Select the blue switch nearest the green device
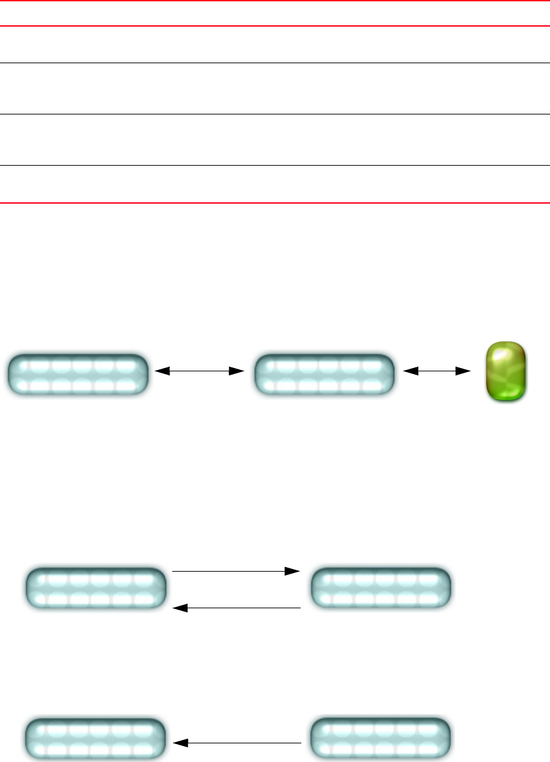pyautogui.click(x=325, y=375)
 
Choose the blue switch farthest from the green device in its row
pyautogui.click(x=78, y=375)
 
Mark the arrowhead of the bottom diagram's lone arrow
pyautogui.click(x=178, y=741)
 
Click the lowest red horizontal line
pyautogui.click(x=275, y=202)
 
